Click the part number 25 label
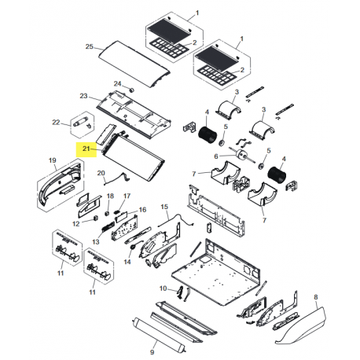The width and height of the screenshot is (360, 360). [90, 46]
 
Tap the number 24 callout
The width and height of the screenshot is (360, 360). [116, 83]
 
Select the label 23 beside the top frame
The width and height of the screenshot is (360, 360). [83, 95]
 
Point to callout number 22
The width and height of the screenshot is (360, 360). [56, 122]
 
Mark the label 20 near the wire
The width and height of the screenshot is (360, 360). [100, 172]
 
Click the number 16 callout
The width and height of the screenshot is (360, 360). [142, 210]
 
